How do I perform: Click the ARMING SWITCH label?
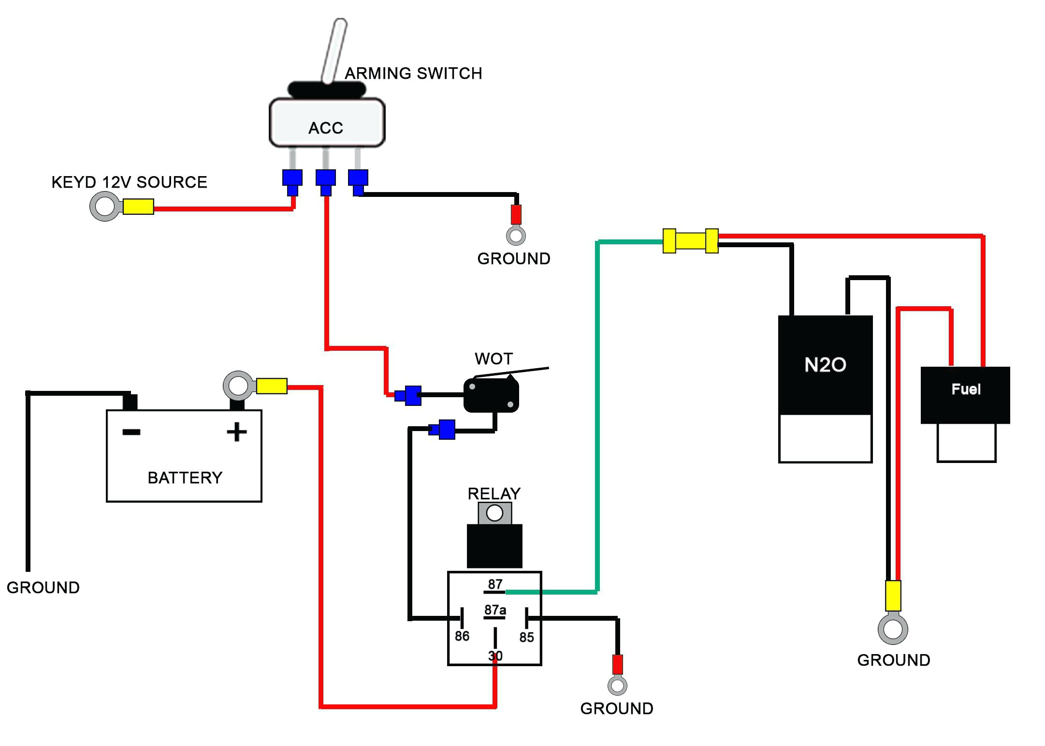[x=413, y=74]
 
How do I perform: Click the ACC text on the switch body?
[x=326, y=128]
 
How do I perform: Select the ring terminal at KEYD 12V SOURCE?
[x=105, y=207]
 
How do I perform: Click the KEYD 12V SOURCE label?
[x=129, y=182]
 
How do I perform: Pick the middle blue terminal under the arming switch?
[x=325, y=179]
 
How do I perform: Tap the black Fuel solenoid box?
[x=965, y=394]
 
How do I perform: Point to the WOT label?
[x=493, y=359]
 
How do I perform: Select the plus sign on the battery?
[x=236, y=432]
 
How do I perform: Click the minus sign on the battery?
[x=131, y=432]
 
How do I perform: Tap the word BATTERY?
[x=185, y=478]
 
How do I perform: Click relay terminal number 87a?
[x=495, y=610]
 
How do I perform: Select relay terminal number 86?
[x=462, y=636]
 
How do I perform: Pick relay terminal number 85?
[x=526, y=637]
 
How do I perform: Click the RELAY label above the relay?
[x=493, y=494]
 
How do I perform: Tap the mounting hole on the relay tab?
[x=494, y=513]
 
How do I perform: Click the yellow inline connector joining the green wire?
[x=690, y=240]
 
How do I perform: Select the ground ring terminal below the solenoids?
[x=892, y=629]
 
